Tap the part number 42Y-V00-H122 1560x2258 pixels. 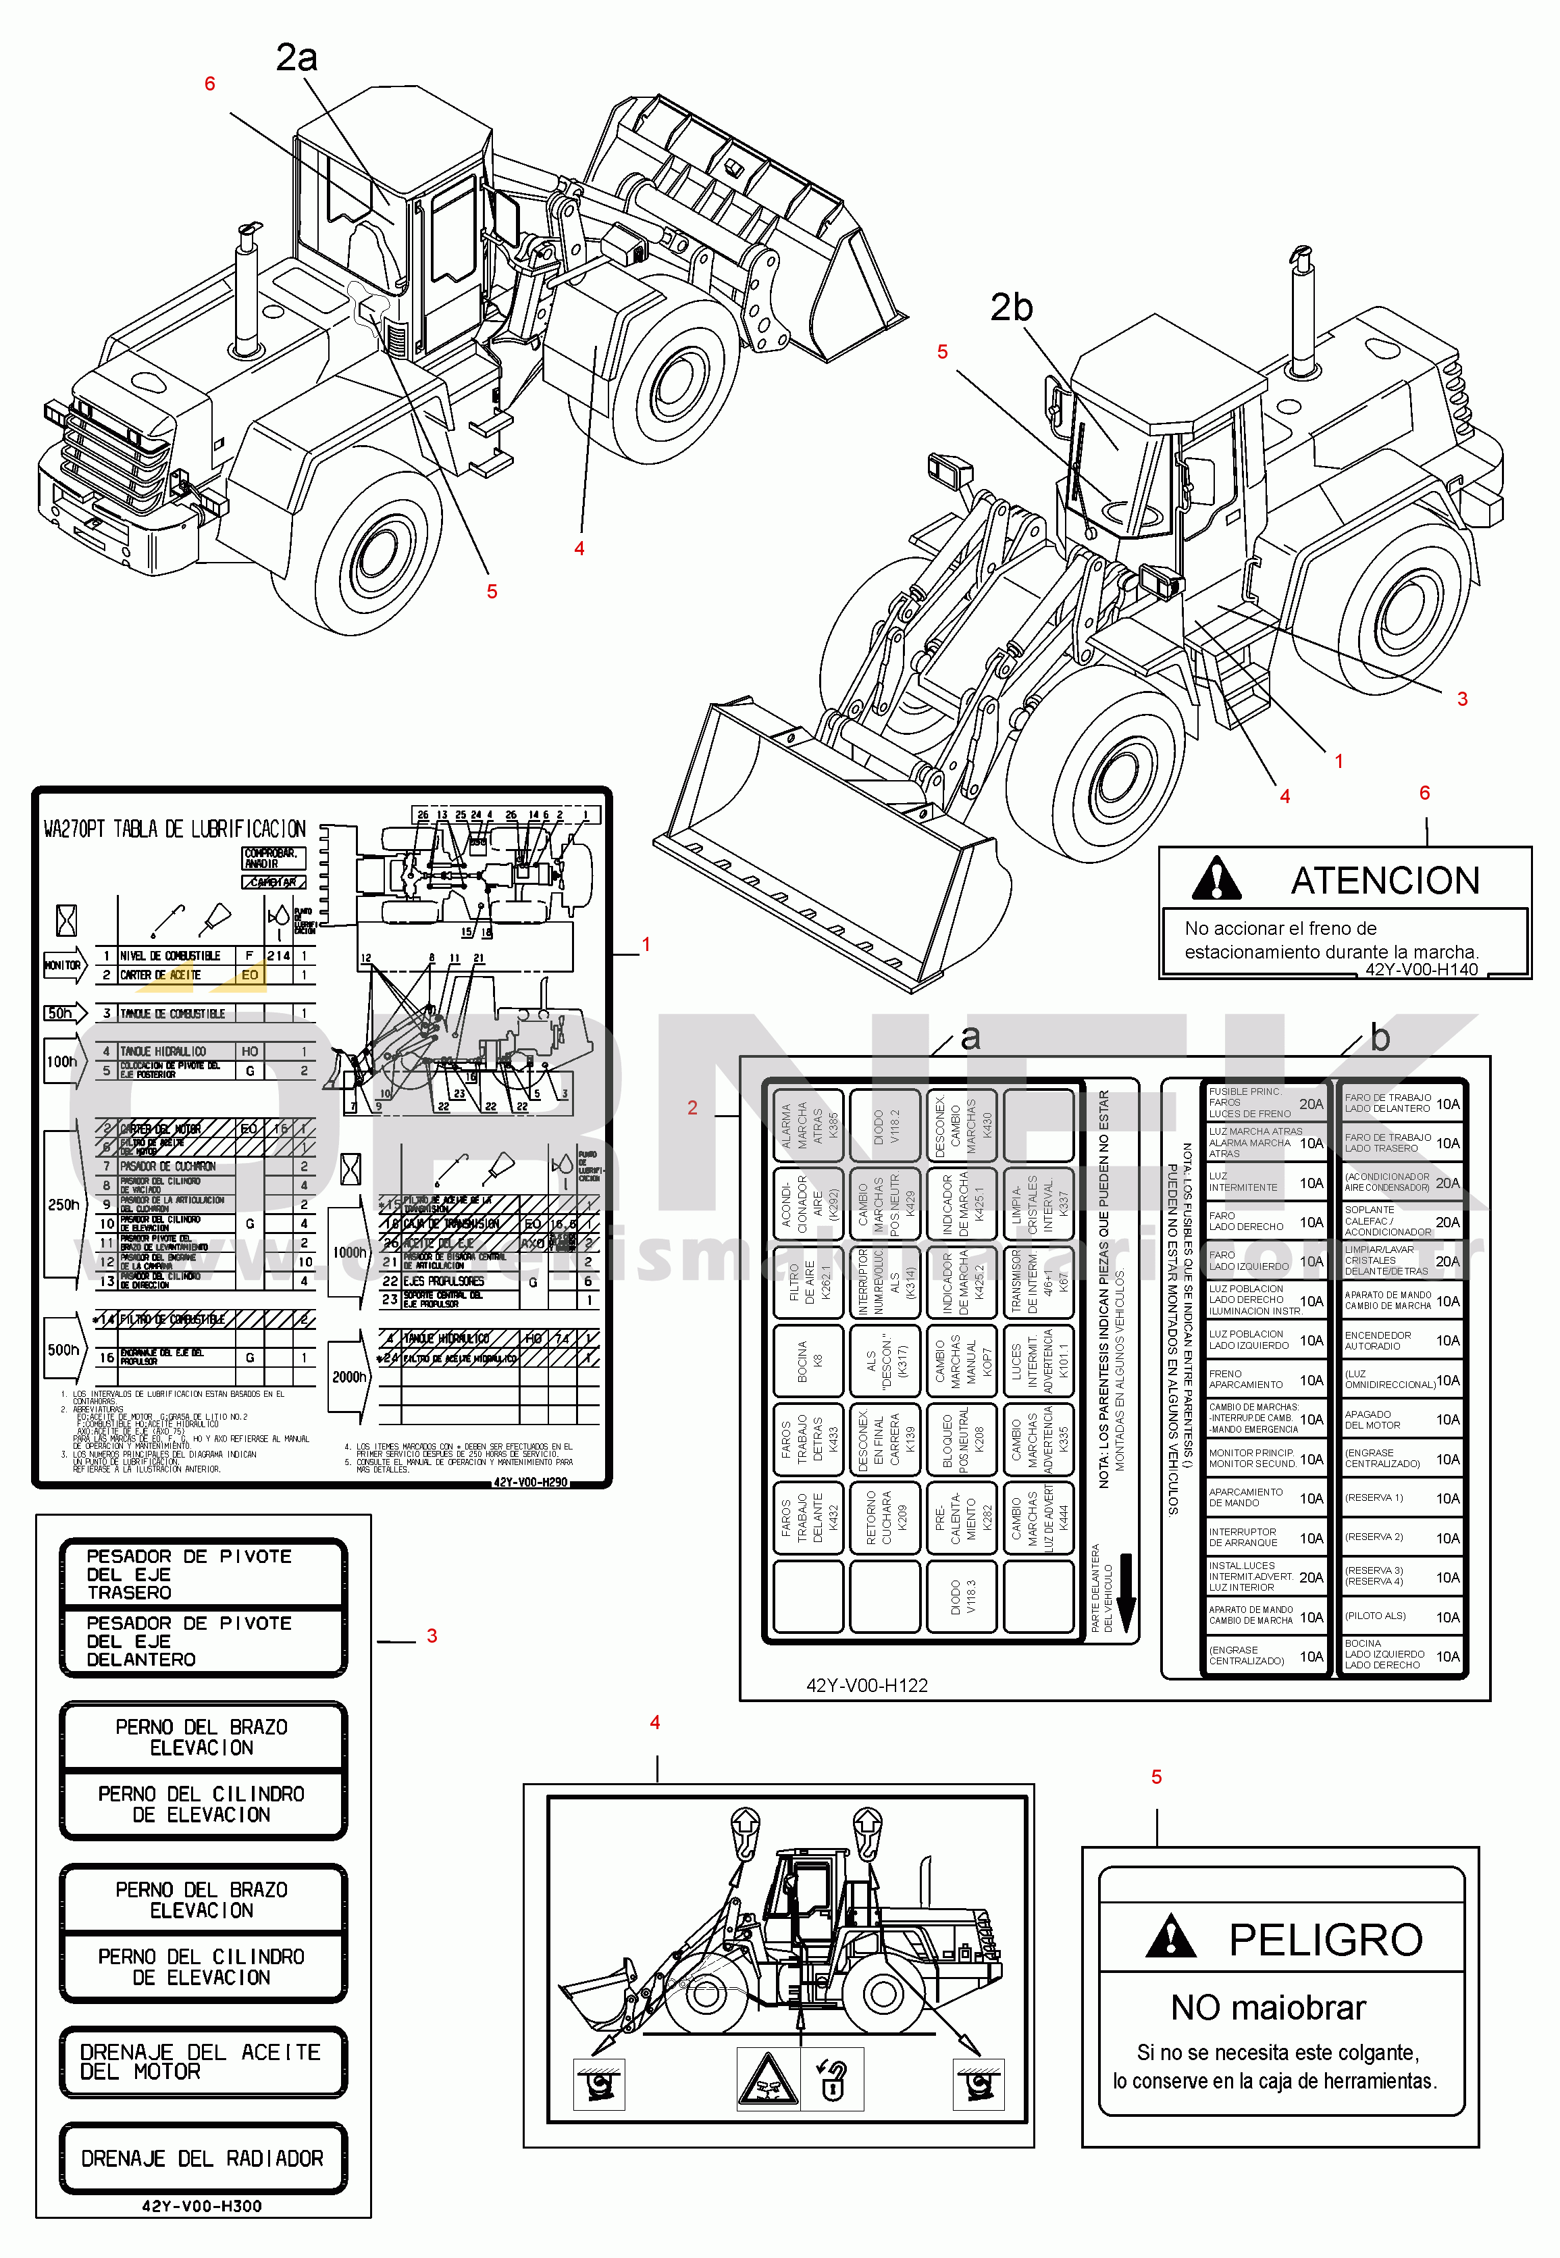pyautogui.click(x=866, y=1685)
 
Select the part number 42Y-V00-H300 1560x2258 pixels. pyautogui.click(x=201, y=2206)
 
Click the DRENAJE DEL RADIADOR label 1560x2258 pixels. pyautogui.click(x=203, y=2158)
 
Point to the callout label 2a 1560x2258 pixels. pyautogui.click(x=296, y=57)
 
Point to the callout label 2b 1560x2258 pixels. pyautogui.click(x=1011, y=308)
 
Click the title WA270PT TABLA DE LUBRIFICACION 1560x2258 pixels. pyautogui.click(x=174, y=829)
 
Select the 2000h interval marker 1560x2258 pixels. pyautogui.click(x=349, y=1377)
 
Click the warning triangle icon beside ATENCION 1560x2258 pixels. pyautogui.click(x=1216, y=879)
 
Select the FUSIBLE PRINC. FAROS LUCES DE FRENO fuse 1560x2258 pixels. pyautogui.click(x=1265, y=1102)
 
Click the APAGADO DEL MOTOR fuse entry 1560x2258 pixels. pyautogui.click(x=1401, y=1419)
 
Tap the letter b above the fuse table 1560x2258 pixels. pyautogui.click(x=1379, y=1037)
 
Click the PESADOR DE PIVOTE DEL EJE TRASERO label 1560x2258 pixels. pyautogui.click(x=201, y=1574)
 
